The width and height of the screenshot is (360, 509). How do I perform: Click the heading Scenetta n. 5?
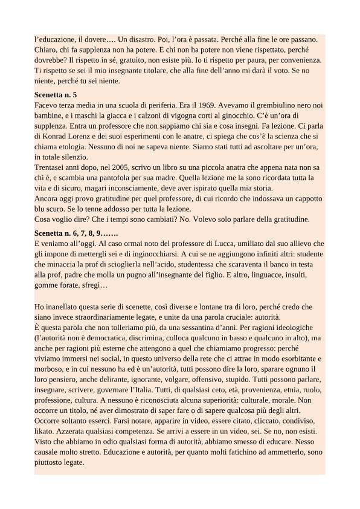coord(64,96)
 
